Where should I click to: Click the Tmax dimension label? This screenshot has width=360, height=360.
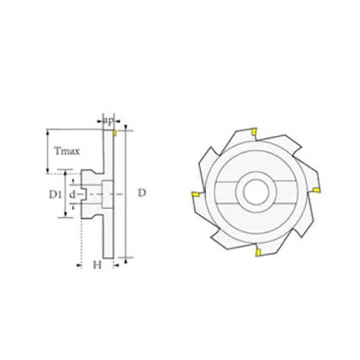[x=67, y=151]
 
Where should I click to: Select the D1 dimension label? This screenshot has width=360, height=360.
[x=55, y=194]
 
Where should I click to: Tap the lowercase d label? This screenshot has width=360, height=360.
[x=72, y=194]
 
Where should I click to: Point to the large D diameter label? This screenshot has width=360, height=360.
[x=141, y=193]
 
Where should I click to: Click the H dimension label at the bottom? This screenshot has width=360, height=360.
[x=97, y=265]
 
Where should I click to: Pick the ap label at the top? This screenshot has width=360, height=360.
[x=108, y=121]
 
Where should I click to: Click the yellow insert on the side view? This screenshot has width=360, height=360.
[x=115, y=133]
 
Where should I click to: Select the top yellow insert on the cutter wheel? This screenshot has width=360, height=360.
[x=254, y=131]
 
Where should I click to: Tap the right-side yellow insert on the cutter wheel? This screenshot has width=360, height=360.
[x=317, y=190]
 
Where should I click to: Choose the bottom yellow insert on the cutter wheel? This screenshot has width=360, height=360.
[x=257, y=252]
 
